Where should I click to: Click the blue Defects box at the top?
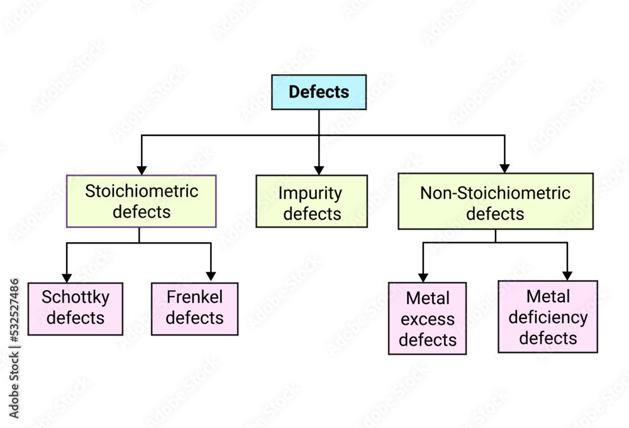(x=318, y=92)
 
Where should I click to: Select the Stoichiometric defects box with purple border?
(x=142, y=201)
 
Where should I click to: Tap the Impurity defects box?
(x=311, y=201)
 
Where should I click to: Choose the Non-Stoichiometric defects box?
(x=495, y=201)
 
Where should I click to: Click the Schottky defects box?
(x=75, y=308)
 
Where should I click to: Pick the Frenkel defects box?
(x=194, y=308)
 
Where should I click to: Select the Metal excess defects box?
(x=427, y=318)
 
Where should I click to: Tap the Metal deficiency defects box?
(x=548, y=317)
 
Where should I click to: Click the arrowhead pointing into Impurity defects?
(x=319, y=170)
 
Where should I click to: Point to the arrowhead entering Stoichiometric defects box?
(x=142, y=170)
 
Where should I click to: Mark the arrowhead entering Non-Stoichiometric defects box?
(x=504, y=168)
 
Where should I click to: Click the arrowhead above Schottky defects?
(x=66, y=278)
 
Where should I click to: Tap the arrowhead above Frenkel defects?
(x=211, y=276)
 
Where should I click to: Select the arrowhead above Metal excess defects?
(x=423, y=277)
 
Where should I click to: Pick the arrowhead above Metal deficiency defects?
(x=567, y=276)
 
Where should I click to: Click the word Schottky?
(x=75, y=297)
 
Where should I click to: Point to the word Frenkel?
(x=194, y=297)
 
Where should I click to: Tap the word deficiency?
(x=548, y=317)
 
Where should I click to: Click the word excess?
(x=427, y=319)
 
